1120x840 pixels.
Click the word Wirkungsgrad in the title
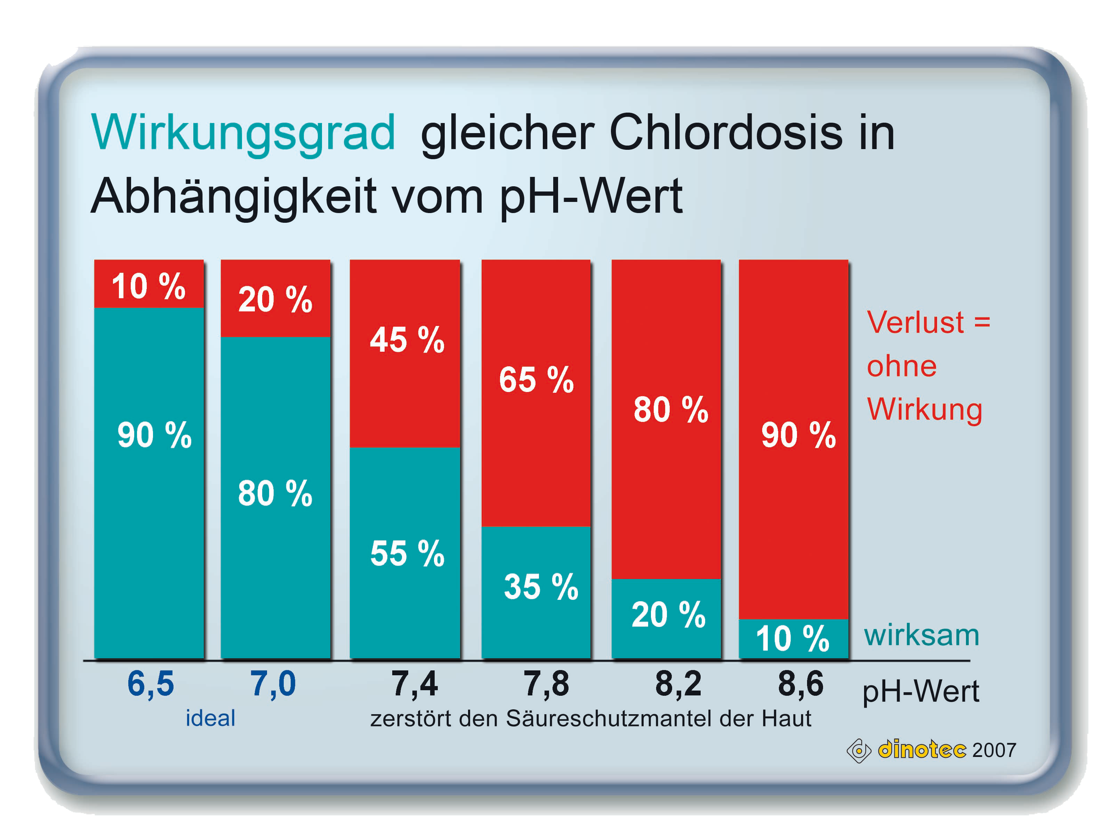(243, 132)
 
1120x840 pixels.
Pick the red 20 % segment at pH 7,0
(275, 298)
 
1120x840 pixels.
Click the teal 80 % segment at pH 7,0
(275, 497)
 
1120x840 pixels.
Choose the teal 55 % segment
(405, 553)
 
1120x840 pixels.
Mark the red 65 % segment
(536, 393)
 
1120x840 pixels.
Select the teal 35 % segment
(536, 593)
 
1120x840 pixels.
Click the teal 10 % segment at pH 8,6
(793, 639)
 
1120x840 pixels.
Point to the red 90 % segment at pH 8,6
(793, 439)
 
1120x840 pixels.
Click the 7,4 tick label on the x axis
(414, 684)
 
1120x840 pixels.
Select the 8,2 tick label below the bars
(678, 684)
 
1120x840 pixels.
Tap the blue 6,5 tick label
(150, 684)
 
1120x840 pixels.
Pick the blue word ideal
(210, 718)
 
